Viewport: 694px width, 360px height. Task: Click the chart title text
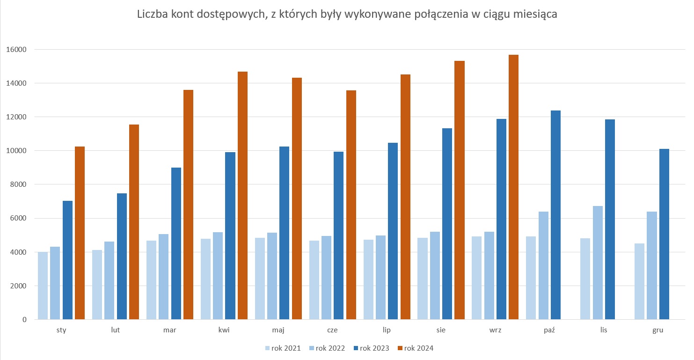tap(347, 15)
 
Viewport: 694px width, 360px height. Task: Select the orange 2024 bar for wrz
tap(513, 187)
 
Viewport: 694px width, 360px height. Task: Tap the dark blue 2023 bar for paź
tap(555, 215)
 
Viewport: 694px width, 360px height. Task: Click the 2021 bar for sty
tap(43, 286)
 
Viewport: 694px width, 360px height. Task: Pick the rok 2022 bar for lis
tap(598, 263)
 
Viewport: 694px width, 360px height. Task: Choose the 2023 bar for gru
tap(664, 234)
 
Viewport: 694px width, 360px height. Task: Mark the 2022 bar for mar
tap(163, 277)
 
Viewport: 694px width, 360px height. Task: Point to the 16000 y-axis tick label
tap(17, 50)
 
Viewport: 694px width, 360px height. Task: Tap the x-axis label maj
tap(278, 330)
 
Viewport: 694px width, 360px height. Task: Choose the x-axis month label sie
tap(441, 330)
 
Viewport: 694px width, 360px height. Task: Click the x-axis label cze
tap(332, 330)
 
